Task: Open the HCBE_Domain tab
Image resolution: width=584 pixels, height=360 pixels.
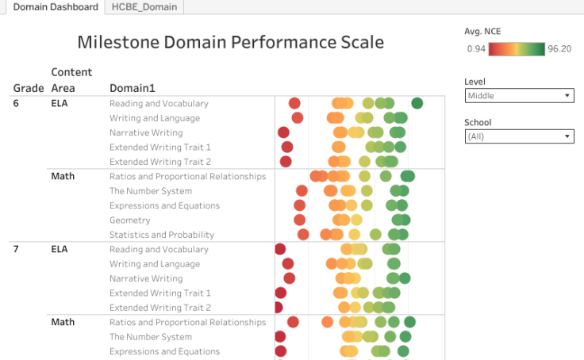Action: pos(144,7)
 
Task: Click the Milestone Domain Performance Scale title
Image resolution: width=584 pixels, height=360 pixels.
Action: pos(230,42)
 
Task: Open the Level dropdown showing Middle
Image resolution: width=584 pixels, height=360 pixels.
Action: pos(520,96)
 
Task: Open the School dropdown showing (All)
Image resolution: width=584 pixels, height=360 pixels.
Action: pos(520,136)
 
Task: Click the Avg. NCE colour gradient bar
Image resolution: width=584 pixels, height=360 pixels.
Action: pos(516,49)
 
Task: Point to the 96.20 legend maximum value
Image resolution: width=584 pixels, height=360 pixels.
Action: pos(559,49)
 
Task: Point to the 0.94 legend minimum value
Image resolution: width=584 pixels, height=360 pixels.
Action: pos(476,49)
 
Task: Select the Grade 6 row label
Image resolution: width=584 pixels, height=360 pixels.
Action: pos(17,103)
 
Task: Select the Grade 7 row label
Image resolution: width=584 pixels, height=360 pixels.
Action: pos(17,249)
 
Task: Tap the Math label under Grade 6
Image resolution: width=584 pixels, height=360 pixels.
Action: pos(63,176)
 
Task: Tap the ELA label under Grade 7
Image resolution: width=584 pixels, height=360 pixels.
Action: pos(60,249)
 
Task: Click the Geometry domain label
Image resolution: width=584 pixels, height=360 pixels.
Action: pos(129,220)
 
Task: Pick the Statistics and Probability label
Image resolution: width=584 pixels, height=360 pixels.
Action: pos(162,235)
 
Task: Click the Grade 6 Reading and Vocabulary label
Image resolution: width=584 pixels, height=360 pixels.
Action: pos(159,103)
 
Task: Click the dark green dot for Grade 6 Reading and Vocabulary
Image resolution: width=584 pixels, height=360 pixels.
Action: pos(417,103)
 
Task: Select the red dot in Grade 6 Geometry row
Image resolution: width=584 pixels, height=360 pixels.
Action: pos(299,220)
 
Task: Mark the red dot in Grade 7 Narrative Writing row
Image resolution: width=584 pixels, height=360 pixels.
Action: pos(289,278)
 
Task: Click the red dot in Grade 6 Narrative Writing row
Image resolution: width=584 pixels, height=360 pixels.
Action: pos(283,132)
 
